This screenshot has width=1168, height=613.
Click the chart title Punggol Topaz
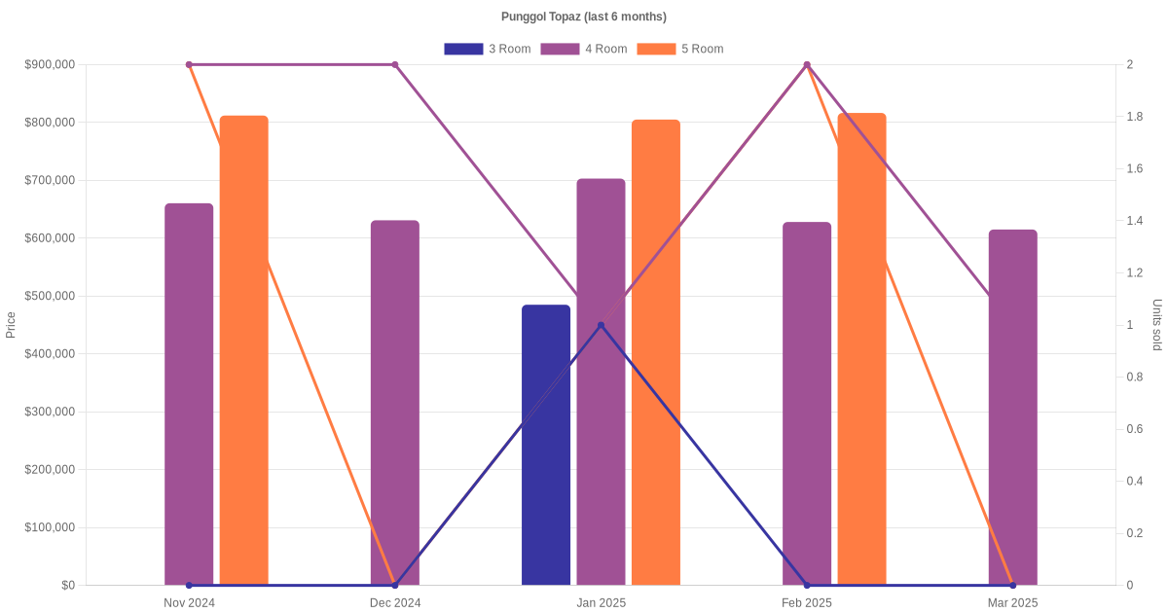(x=583, y=17)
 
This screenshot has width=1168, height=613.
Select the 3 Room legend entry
(x=487, y=49)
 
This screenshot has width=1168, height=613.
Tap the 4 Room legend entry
(x=583, y=49)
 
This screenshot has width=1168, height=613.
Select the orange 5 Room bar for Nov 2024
(x=243, y=350)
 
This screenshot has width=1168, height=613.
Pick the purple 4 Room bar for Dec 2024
(x=395, y=403)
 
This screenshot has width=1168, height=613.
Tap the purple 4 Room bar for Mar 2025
(x=1012, y=408)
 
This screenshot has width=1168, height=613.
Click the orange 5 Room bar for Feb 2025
(x=861, y=349)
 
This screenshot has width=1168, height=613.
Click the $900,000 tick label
(x=50, y=65)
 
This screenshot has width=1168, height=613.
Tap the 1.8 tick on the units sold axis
(x=1136, y=117)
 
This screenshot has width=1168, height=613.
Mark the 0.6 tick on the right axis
(x=1136, y=429)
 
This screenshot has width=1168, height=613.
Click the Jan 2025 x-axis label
(x=601, y=603)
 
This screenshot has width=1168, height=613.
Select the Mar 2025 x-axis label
(x=1012, y=603)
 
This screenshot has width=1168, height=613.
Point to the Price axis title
(x=11, y=325)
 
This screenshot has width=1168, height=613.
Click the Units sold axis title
(x=1157, y=325)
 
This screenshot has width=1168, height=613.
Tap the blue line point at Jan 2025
(x=601, y=325)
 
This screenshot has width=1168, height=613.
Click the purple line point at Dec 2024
(x=395, y=65)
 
